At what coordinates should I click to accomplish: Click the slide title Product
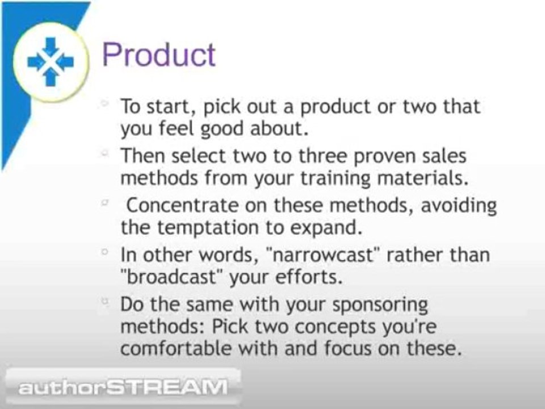click(x=159, y=55)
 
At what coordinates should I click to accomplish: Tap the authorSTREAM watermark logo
click(x=123, y=387)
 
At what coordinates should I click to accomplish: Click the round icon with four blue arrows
click(x=51, y=62)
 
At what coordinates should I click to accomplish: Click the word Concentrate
click(x=182, y=205)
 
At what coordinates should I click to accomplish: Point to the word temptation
click(x=208, y=228)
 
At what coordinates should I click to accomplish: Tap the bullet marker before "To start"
click(x=104, y=103)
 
